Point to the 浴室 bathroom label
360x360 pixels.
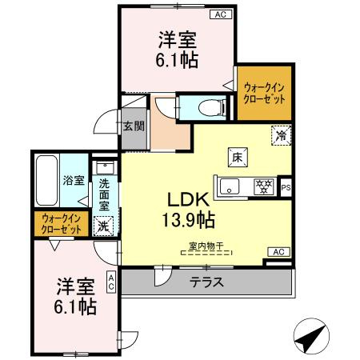click(74, 180)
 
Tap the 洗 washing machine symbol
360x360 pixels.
click(103, 226)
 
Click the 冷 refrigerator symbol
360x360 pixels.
click(281, 135)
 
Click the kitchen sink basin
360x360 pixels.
click(231, 187)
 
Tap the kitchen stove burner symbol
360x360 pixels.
click(262, 186)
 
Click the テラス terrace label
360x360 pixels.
click(206, 282)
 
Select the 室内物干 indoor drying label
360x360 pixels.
click(206, 246)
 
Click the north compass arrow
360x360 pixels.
click(313, 338)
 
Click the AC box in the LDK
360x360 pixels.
click(278, 252)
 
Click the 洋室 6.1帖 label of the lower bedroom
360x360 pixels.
click(76, 295)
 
